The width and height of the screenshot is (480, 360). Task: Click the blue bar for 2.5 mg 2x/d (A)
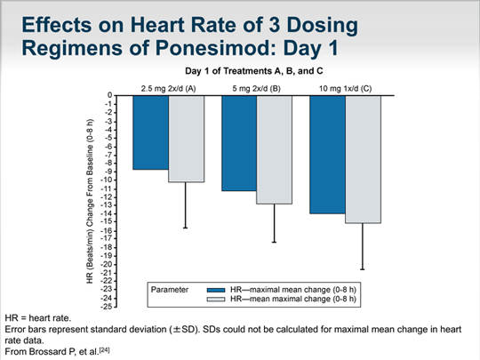[151, 132]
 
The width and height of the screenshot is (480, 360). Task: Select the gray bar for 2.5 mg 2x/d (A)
[186, 138]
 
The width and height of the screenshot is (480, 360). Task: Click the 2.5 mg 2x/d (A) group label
[169, 87]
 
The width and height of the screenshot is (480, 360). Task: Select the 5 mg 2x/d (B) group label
[257, 87]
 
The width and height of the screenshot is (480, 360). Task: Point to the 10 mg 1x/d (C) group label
[345, 87]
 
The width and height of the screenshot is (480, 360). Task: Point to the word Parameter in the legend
[171, 290]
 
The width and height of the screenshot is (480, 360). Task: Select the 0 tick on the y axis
[111, 95]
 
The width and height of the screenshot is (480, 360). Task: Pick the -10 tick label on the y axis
[109, 180]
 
